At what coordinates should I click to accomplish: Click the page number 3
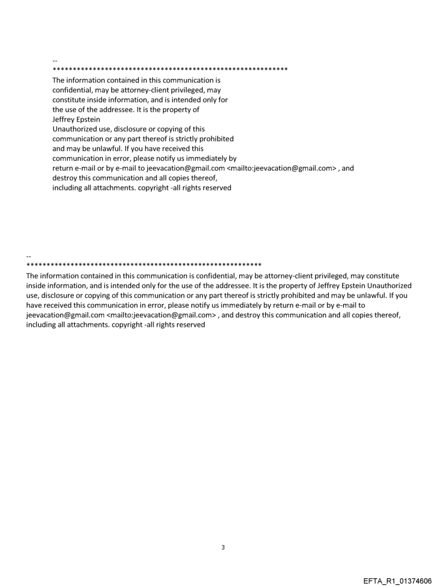[x=223, y=547]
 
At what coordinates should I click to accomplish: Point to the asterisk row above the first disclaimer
[x=170, y=70]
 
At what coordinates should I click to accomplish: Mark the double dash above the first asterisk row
[x=55, y=60]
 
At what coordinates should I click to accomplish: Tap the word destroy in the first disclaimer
[x=65, y=178]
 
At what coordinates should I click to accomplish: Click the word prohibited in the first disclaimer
[x=215, y=139]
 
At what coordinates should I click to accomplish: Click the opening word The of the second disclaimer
[x=33, y=276]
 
